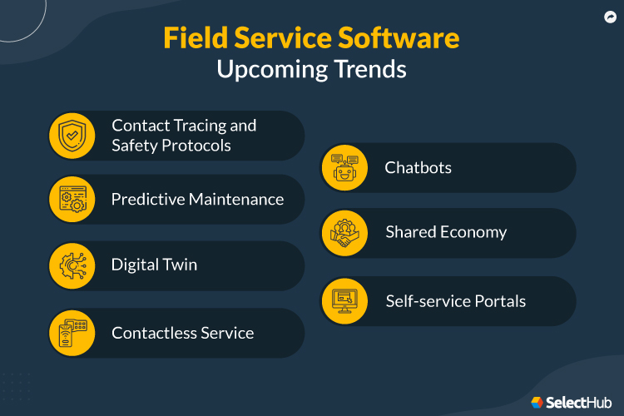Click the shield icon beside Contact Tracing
[x=72, y=135]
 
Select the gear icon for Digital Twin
[x=72, y=265]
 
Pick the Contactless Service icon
[x=72, y=333]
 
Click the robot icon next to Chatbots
[x=344, y=167]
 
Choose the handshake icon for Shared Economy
[x=344, y=233]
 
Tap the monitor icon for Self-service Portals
[x=344, y=300]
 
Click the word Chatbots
[x=418, y=167]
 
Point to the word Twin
[x=179, y=265]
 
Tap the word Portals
[x=498, y=300]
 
